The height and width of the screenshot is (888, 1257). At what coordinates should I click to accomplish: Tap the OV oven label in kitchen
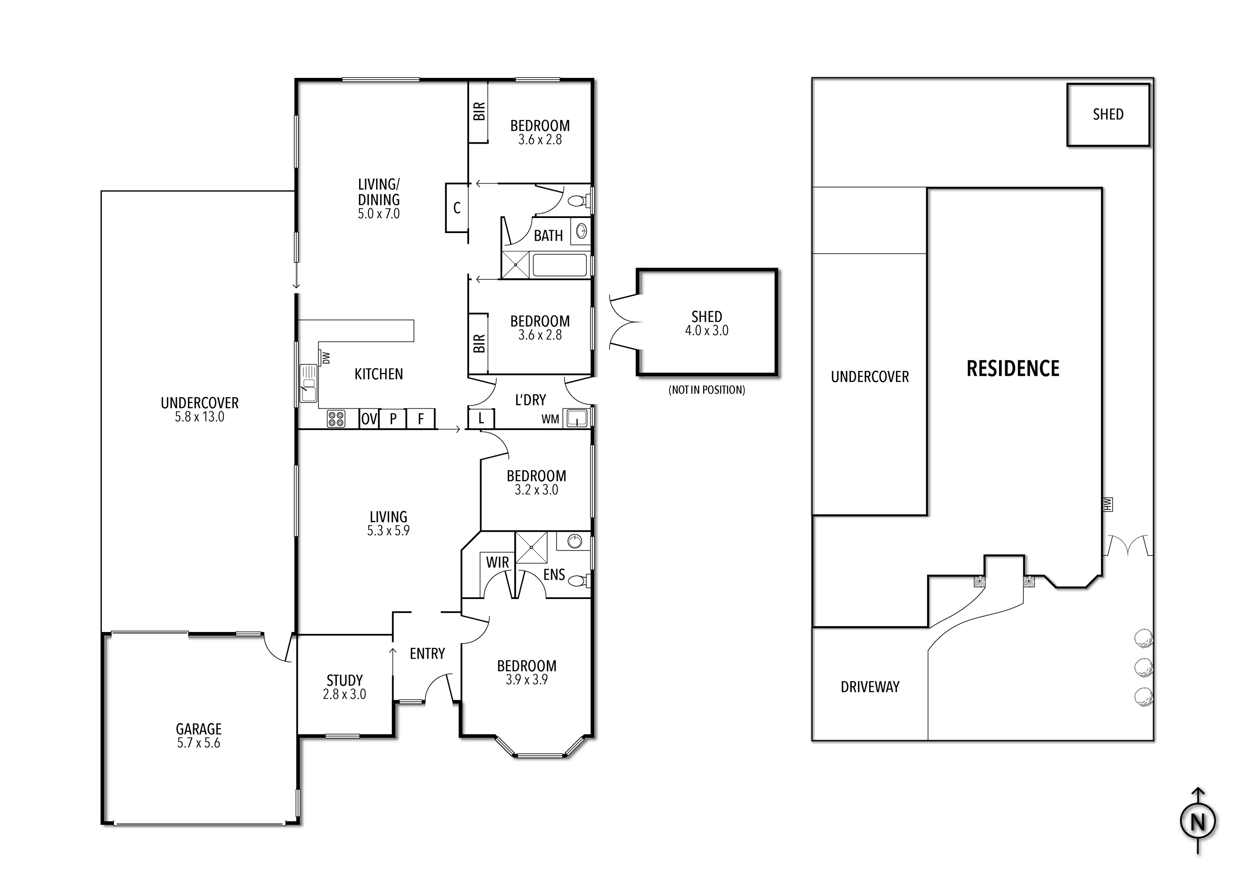point(369,419)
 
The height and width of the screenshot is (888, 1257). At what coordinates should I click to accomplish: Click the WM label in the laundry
point(550,419)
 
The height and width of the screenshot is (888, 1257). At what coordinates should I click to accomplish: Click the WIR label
point(497,562)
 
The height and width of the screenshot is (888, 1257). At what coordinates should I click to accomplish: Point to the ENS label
point(554,574)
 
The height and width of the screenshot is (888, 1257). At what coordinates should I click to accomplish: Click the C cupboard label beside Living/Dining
point(457,208)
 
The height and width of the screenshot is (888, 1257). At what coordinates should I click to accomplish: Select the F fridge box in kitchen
point(420,419)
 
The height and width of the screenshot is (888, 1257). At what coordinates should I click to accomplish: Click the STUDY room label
point(344,680)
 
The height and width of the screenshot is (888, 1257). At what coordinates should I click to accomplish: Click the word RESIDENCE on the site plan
point(1013,369)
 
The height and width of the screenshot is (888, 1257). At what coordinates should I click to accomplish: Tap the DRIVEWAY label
point(870,687)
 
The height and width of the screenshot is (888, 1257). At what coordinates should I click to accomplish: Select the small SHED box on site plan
point(1108,115)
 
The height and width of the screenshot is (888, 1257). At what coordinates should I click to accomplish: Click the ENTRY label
point(427,654)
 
